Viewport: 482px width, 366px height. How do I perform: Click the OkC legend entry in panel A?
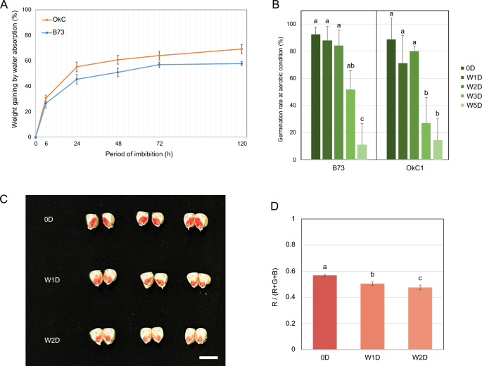coord(59,20)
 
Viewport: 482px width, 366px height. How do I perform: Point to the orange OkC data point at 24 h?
coord(77,67)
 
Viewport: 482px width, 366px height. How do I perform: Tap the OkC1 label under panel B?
coord(412,171)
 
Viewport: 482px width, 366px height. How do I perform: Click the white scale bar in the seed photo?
coord(209,358)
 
